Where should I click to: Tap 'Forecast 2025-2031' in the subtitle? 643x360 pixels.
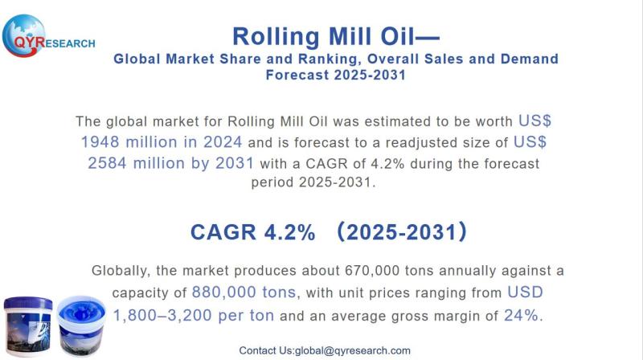click(x=336, y=75)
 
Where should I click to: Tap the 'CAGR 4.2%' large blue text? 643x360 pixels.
click(x=252, y=232)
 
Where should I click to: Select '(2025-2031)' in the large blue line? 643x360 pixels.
click(x=401, y=232)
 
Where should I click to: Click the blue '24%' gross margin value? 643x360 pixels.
click(x=522, y=315)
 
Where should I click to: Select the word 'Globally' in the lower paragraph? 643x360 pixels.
click(x=122, y=271)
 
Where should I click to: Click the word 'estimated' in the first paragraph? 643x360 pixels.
click(x=379, y=121)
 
